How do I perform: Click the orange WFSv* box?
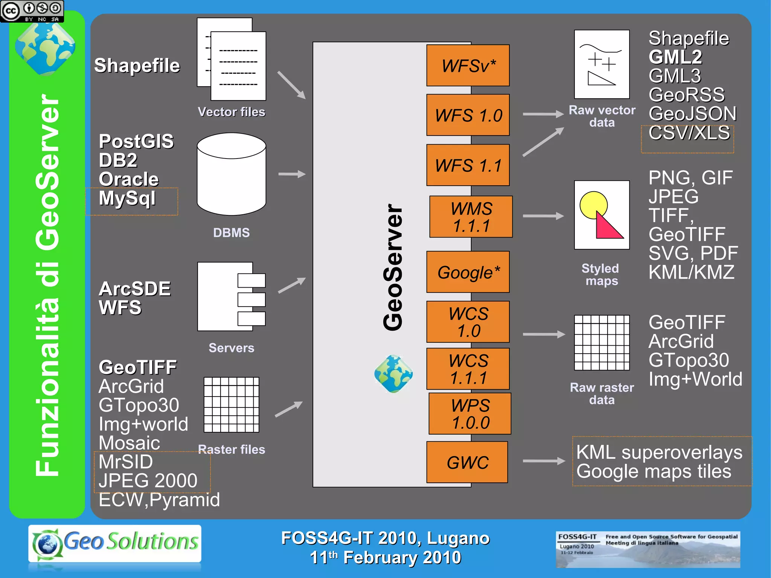[468, 66]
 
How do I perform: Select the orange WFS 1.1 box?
[468, 165]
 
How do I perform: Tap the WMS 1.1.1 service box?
[471, 217]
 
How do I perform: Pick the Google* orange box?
[468, 272]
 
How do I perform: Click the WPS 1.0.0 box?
[470, 413]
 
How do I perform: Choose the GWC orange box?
[467, 462]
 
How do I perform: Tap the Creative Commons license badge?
[32, 11]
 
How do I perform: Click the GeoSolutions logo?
[115, 543]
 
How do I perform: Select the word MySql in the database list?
[127, 198]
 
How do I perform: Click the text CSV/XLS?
[689, 133]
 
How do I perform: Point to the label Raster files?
[232, 449]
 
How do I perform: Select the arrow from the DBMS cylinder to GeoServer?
[291, 174]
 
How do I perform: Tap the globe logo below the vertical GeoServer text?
[393, 374]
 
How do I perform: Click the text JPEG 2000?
[148, 480]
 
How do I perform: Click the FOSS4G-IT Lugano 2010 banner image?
[648, 549]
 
